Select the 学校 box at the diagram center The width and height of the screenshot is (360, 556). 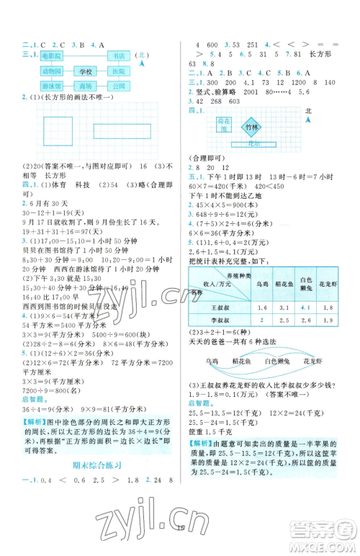coord(86,71)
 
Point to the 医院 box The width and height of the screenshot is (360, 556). coord(119,71)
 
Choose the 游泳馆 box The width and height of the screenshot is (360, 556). coord(52,87)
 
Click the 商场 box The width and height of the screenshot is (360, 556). coord(86,87)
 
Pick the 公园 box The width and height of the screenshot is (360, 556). coord(119,87)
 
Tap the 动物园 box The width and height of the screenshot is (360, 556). coord(52,71)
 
